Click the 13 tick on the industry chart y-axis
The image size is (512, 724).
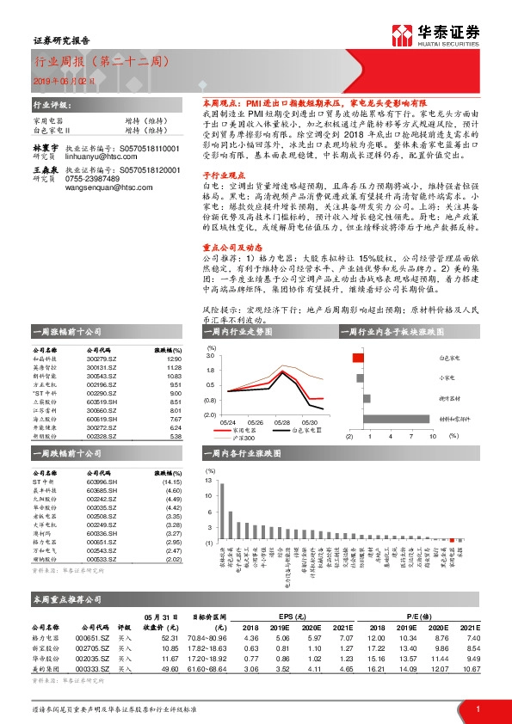(x=209, y=482)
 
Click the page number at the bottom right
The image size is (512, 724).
(x=478, y=709)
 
